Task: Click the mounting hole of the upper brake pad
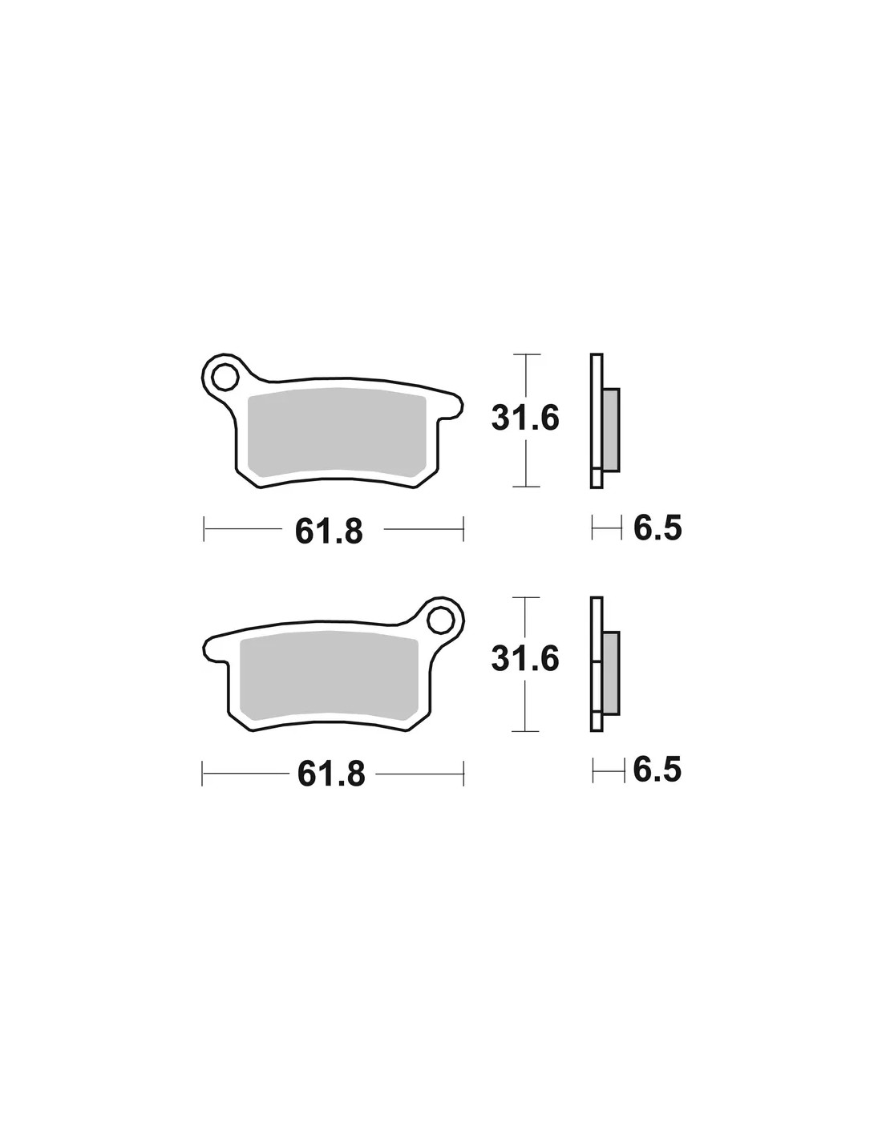point(226,376)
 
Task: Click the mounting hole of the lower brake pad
point(440,620)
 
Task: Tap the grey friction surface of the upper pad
point(336,432)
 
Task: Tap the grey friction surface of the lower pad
point(329,675)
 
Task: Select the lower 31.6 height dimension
point(525,658)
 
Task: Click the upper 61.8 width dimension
point(329,531)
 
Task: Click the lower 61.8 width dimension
point(331,774)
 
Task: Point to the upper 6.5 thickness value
point(657,528)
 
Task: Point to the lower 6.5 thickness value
point(657,770)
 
